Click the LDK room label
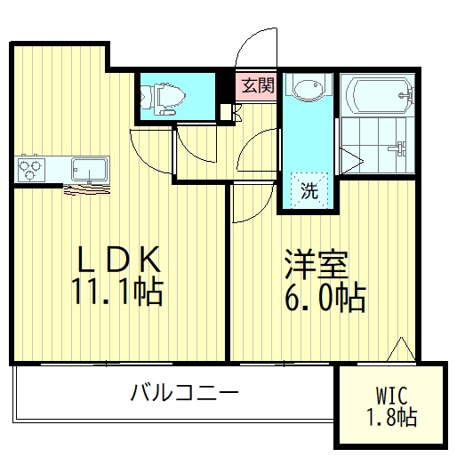[120, 260]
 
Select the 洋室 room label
[316, 265]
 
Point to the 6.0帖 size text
[325, 299]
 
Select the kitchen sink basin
[89, 167]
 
